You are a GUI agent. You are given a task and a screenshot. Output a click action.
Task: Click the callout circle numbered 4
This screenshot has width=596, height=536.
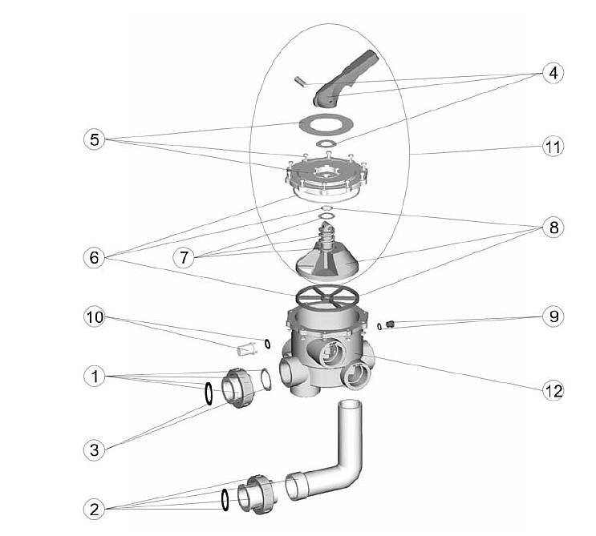[x=553, y=73]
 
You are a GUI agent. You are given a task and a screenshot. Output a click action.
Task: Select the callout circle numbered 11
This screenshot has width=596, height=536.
[x=553, y=147]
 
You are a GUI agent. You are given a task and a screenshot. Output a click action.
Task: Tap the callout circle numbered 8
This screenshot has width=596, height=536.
[x=553, y=228]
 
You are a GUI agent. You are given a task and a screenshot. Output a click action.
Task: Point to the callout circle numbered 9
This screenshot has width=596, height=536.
[x=553, y=316]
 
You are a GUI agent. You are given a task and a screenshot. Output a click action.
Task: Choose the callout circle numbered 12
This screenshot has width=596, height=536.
[x=553, y=390]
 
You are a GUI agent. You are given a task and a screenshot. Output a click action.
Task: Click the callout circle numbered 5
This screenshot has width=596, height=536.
[x=95, y=139]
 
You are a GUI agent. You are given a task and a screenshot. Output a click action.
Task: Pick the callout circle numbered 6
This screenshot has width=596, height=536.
[x=94, y=257]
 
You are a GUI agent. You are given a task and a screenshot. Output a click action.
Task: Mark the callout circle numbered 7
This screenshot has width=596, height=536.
[x=184, y=257]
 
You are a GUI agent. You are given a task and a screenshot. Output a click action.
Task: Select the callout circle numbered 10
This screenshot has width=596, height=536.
[x=95, y=317]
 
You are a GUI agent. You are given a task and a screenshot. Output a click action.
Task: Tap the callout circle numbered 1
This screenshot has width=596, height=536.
[x=95, y=377]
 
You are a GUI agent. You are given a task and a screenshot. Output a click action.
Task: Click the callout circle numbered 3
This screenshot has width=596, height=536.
[x=94, y=449]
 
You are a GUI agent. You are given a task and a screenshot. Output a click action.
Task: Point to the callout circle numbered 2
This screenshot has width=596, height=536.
[x=94, y=509]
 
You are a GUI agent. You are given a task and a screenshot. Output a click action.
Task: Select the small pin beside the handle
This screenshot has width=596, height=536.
[x=299, y=82]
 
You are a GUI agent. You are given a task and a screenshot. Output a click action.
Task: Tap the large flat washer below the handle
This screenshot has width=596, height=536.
[x=326, y=123]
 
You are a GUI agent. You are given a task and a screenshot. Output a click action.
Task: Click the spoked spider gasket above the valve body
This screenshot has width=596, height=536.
[x=326, y=297]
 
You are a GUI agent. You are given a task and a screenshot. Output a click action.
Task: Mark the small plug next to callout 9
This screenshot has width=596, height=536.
[x=389, y=324]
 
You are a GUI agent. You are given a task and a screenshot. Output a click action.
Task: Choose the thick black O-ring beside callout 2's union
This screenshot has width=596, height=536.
[x=225, y=500]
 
